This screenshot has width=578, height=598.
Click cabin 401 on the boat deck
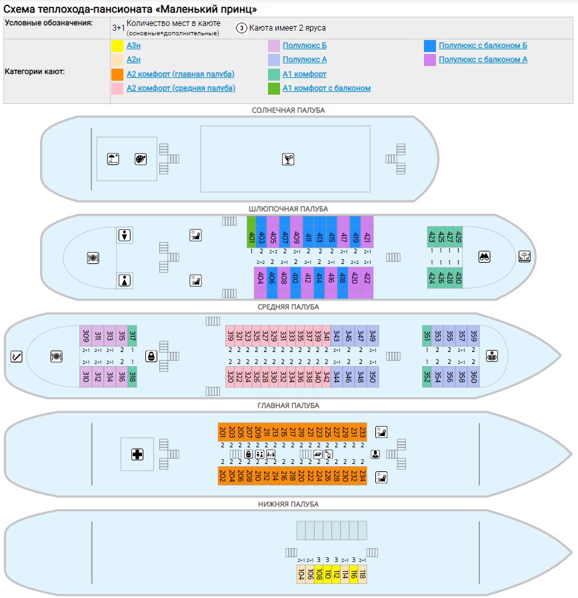[x=251, y=231]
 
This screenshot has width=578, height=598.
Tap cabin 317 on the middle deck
[x=132, y=335]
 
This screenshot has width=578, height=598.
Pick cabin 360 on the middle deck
[x=474, y=376]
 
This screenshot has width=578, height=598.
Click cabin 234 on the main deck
[x=362, y=476]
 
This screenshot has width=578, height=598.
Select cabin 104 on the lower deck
[x=301, y=574]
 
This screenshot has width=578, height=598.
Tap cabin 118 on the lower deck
[x=362, y=574]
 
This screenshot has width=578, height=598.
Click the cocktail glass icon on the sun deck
[x=287, y=159]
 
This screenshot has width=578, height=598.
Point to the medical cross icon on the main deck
[x=137, y=455]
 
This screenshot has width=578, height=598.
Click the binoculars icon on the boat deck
[x=484, y=257]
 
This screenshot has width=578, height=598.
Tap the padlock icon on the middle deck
[x=151, y=356]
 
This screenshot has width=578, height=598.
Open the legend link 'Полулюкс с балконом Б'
[x=483, y=45]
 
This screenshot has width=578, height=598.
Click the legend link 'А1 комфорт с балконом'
[x=326, y=88]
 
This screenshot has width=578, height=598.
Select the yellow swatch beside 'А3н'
[x=117, y=46]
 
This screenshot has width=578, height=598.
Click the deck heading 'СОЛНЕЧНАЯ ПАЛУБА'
[x=288, y=110]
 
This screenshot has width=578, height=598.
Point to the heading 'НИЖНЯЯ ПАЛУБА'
[x=288, y=504]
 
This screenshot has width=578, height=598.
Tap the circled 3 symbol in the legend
[x=241, y=28]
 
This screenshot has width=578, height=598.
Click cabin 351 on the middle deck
[x=427, y=335]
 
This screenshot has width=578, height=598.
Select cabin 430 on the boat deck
[x=458, y=277]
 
